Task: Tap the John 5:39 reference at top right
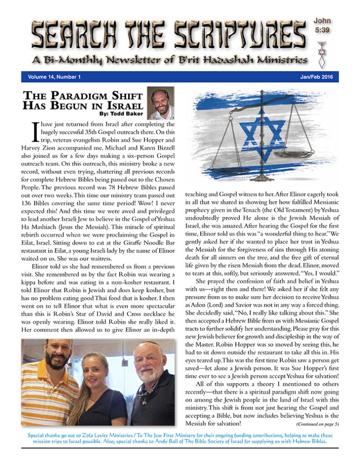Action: (x=322, y=25)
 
